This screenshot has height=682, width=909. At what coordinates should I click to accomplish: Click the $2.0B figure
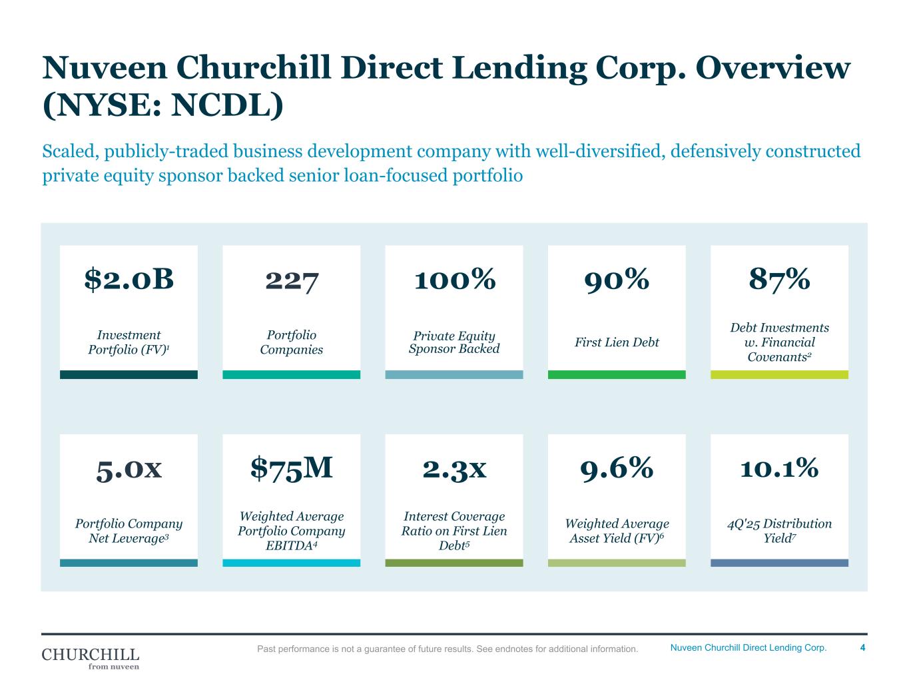[x=129, y=280]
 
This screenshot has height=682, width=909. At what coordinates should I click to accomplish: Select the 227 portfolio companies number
[x=292, y=280]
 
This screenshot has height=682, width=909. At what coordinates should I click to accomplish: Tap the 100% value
[x=454, y=280]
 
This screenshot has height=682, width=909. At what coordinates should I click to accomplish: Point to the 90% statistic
[x=617, y=280]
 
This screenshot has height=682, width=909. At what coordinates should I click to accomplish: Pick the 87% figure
[x=779, y=280]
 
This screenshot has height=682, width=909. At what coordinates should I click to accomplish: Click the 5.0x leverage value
[x=129, y=469]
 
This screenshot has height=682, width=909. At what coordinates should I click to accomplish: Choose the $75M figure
[x=292, y=468]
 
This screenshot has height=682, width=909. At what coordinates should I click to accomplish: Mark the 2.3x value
[x=454, y=469]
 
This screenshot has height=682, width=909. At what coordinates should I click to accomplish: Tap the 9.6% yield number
[x=617, y=469]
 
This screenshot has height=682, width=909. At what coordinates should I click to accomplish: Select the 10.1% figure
[x=779, y=469]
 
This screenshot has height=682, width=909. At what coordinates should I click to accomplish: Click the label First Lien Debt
[x=617, y=342]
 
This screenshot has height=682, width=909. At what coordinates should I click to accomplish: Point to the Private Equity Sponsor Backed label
[x=454, y=342]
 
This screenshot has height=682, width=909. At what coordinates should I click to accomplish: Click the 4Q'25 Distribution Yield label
[x=779, y=531]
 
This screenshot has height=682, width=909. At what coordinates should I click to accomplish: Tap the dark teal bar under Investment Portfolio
[x=129, y=375]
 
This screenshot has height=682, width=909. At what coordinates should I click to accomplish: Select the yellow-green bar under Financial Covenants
[x=779, y=375]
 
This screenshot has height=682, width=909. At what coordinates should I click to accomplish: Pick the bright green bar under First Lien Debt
[x=617, y=375]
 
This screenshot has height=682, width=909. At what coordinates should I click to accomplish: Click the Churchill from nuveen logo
[x=91, y=657]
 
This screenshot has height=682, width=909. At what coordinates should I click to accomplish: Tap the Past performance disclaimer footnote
[x=448, y=649]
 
